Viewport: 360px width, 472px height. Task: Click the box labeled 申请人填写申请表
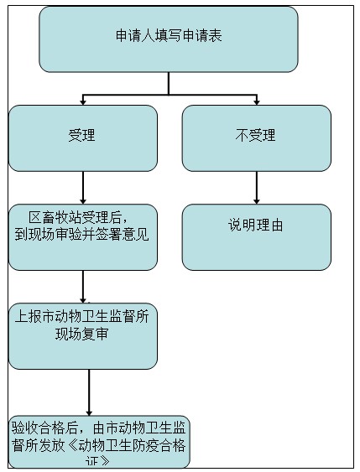tap(169, 39)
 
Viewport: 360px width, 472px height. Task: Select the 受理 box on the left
tap(83, 138)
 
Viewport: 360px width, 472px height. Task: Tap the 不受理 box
tap(257, 138)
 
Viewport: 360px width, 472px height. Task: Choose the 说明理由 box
tap(257, 237)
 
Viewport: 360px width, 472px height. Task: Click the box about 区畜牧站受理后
tap(83, 237)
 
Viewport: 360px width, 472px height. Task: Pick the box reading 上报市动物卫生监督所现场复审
tap(83, 336)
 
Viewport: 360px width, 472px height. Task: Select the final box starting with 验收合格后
tap(99, 442)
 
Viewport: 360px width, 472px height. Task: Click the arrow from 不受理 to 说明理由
tap(257, 188)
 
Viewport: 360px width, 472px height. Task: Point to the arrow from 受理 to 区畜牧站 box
tap(83, 188)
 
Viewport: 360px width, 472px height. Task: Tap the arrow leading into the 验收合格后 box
tap(89, 392)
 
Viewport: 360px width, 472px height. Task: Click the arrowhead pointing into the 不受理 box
tap(257, 102)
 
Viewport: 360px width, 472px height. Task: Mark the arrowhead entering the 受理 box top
tap(83, 102)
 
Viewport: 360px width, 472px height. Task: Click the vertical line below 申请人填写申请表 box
tap(169, 83)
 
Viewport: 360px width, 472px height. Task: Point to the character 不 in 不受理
tap(242, 135)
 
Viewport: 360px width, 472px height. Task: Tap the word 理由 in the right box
tap(269, 226)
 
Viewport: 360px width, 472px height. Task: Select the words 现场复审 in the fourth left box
tap(81, 334)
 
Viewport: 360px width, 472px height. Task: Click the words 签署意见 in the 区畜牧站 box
tap(123, 235)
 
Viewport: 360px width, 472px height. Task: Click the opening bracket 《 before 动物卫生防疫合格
tap(71, 445)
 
